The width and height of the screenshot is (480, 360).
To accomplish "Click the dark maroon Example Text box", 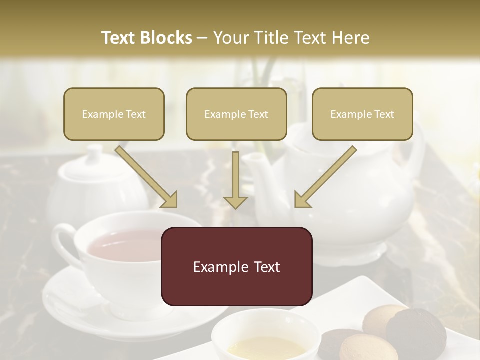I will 236,266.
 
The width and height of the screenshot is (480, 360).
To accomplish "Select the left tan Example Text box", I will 114,114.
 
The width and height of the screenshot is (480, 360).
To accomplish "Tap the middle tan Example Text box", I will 236,114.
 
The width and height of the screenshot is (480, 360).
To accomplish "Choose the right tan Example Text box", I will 362,114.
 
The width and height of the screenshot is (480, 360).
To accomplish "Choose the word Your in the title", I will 231,38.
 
